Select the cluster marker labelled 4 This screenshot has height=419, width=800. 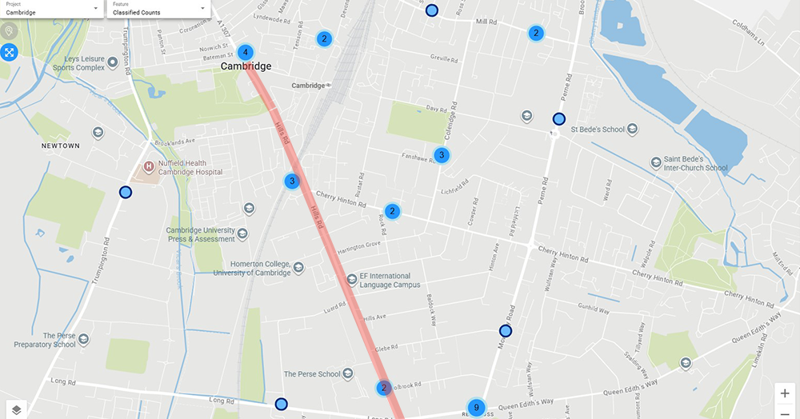click(x=246, y=53)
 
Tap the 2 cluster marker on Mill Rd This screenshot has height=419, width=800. click(x=536, y=33)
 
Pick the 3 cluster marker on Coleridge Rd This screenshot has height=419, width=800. click(x=441, y=155)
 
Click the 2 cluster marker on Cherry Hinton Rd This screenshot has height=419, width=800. click(x=392, y=211)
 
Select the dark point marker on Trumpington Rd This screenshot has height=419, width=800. click(x=126, y=192)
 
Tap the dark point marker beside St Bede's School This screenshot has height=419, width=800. click(x=558, y=119)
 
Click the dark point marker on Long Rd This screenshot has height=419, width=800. click(x=281, y=404)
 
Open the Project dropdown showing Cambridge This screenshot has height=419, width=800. click(x=52, y=9)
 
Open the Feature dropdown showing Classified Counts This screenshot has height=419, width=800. click(x=158, y=9)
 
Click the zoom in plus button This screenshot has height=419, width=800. click(x=786, y=393)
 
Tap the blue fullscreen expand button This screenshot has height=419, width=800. click(x=10, y=53)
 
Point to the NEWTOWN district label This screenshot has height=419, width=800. click(x=61, y=146)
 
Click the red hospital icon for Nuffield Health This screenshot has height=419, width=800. click(x=148, y=167)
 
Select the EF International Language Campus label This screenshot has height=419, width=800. click(x=390, y=281)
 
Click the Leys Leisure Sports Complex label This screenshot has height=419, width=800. click(x=79, y=63)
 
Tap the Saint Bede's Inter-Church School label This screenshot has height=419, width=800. click(x=695, y=163)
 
